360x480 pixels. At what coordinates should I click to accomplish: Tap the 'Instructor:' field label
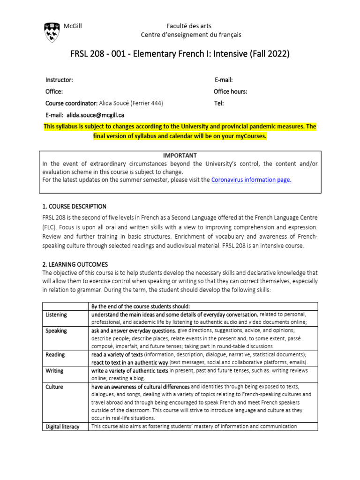(59, 80)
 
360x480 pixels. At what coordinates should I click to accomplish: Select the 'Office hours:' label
(231, 91)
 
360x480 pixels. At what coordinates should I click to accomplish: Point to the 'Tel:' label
(219, 103)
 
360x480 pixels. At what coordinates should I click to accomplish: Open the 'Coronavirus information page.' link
(251, 180)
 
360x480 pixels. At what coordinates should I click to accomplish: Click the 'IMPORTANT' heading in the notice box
(180, 155)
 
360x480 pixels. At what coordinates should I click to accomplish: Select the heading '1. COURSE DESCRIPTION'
(75, 206)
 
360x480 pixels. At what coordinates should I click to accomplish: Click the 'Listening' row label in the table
(56, 315)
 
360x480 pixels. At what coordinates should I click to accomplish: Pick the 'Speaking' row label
(56, 330)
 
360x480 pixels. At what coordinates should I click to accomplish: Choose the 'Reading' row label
(55, 355)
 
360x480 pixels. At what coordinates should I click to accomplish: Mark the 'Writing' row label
(54, 371)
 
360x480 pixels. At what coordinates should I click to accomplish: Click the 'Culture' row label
(54, 387)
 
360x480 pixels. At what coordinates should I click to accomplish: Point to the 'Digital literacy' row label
(62, 427)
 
